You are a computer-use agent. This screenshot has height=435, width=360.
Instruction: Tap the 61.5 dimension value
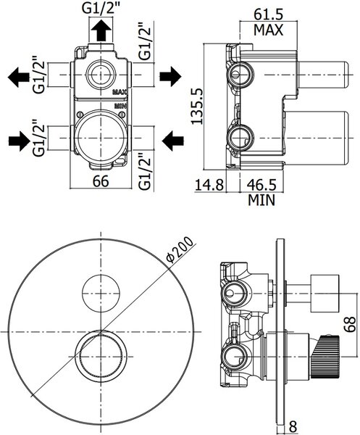coord(269,14)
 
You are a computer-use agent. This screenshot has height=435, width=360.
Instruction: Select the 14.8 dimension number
coord(209,185)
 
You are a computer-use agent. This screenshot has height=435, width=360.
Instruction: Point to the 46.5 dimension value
coord(261,185)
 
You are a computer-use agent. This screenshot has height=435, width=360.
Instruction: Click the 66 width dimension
coord(101,182)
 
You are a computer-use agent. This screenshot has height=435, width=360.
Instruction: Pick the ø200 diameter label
coord(180,249)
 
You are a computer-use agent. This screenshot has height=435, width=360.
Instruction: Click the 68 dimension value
coord(350,324)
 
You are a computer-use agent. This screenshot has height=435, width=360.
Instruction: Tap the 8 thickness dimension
coord(293,428)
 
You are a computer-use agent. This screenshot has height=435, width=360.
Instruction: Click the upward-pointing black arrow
coord(101,30)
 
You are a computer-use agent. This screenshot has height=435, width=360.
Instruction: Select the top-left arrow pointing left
coord(19,77)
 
